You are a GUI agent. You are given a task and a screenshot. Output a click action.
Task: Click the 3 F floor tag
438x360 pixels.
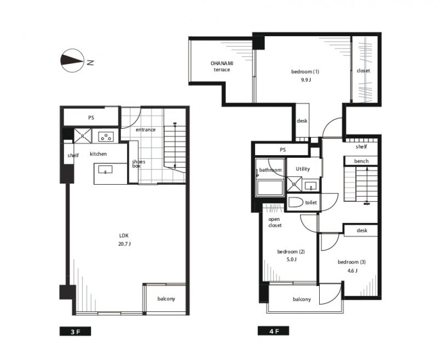pyautogui.click(x=75, y=331)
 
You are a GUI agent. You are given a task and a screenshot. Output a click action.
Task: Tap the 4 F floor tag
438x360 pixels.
pyautogui.click(x=273, y=331)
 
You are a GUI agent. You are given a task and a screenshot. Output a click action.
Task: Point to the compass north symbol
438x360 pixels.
pyautogui.click(x=73, y=61)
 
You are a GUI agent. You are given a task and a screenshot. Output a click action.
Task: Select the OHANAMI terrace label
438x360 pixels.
pyautogui.click(x=222, y=66)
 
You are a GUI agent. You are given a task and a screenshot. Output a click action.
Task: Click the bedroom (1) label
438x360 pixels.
pyautogui.click(x=305, y=72)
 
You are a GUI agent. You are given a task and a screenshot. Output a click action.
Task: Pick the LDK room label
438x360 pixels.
pyautogui.click(x=124, y=236)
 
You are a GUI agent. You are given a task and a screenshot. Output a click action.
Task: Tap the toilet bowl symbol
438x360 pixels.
pyautogui.click(x=296, y=202)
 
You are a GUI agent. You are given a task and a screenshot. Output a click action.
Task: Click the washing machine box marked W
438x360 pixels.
pyautogui.click(x=295, y=184)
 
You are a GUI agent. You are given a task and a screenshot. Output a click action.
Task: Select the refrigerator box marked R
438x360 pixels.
pyautogui.click(x=83, y=136)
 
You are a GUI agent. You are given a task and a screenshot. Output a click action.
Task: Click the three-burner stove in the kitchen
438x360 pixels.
pyautogui.click(x=106, y=136)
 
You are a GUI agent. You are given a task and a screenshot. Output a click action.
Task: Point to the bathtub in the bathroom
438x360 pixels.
pyautogui.click(x=269, y=188)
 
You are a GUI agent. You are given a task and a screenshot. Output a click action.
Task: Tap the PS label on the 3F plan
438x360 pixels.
pyautogui.click(x=91, y=118)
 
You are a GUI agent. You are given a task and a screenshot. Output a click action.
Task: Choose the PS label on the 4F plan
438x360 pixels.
pyautogui.click(x=283, y=150)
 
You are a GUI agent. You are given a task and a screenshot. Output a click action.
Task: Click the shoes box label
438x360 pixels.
pyautogui.click(x=139, y=164)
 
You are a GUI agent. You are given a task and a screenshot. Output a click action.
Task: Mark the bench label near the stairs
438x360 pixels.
pyautogui.click(x=361, y=161)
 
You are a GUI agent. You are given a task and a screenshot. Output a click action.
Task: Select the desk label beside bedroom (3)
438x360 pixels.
pyautogui.click(x=362, y=231)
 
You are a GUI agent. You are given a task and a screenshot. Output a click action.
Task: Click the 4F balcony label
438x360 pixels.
pyautogui.click(x=302, y=299)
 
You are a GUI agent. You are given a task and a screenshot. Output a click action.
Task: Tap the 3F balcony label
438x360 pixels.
pyautogui.click(x=166, y=299)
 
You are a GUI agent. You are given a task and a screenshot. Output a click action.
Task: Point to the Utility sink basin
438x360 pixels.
pyautogui.click(x=310, y=186)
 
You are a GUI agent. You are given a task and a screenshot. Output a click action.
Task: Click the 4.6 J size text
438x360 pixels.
pyautogui.click(x=352, y=271)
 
